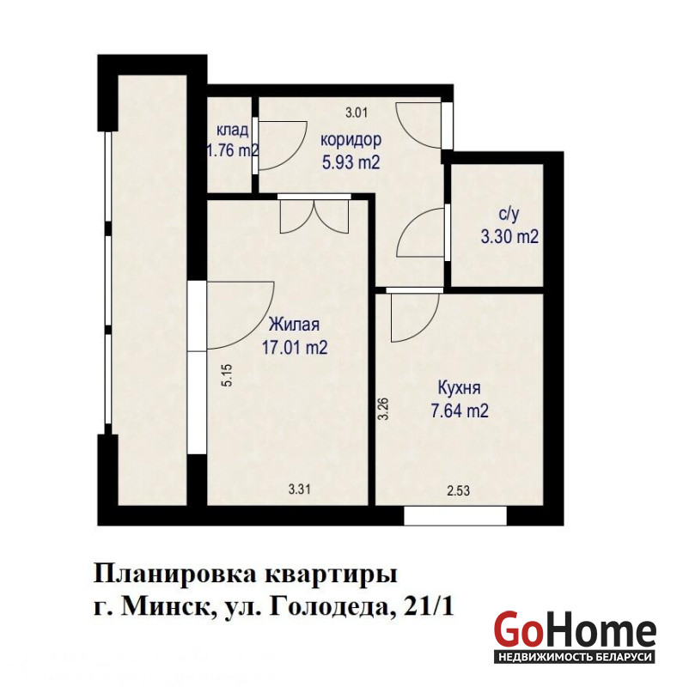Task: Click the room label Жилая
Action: [x=295, y=325]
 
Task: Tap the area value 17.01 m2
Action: [x=295, y=347]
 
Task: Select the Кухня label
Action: [x=460, y=388]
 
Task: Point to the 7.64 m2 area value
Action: [x=460, y=411]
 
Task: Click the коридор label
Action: [x=351, y=140]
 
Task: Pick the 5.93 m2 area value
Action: [x=351, y=162]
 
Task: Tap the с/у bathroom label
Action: [x=509, y=215]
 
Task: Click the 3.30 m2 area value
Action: [x=509, y=237]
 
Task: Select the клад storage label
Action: [x=232, y=131]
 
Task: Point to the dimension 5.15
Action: [x=228, y=375]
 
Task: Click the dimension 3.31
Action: [x=300, y=489]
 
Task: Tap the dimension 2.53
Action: [x=458, y=490]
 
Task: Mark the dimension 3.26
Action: [x=383, y=409]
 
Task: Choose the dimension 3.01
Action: [x=357, y=112]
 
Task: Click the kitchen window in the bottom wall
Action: [x=455, y=516]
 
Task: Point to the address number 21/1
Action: [x=430, y=608]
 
